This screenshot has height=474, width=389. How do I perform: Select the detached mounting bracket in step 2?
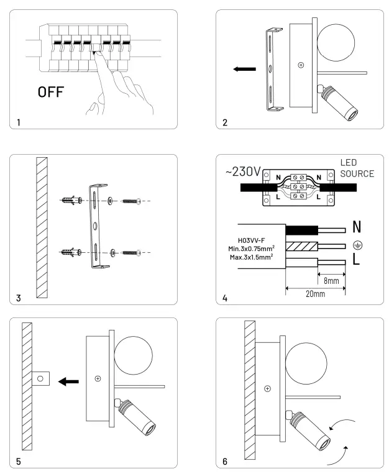coord(272,70)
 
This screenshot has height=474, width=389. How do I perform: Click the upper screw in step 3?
coord(132,201)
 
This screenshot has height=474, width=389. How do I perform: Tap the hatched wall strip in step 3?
coord(42,227)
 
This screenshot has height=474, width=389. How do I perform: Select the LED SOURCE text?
coord(357,168)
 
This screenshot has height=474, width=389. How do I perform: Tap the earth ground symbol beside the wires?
coord(357,245)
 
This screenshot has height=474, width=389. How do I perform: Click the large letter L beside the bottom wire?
coord(356,261)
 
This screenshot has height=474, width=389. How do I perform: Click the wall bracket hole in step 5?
coord(40,377)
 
